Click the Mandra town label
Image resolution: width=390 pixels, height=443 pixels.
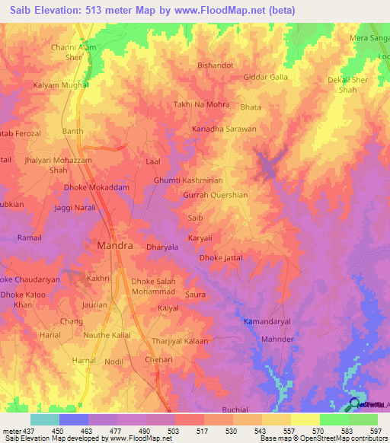(x=115, y=247)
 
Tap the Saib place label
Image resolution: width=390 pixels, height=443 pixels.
(x=195, y=218)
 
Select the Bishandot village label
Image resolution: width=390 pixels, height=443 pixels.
(x=216, y=65)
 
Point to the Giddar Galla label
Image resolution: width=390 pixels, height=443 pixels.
(x=265, y=78)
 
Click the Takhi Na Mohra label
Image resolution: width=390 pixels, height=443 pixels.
(x=201, y=104)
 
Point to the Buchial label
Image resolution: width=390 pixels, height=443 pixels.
(x=235, y=410)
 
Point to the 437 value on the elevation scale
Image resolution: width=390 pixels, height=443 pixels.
(x=22, y=430)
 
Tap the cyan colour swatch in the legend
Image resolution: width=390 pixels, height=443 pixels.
(x=44, y=419)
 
